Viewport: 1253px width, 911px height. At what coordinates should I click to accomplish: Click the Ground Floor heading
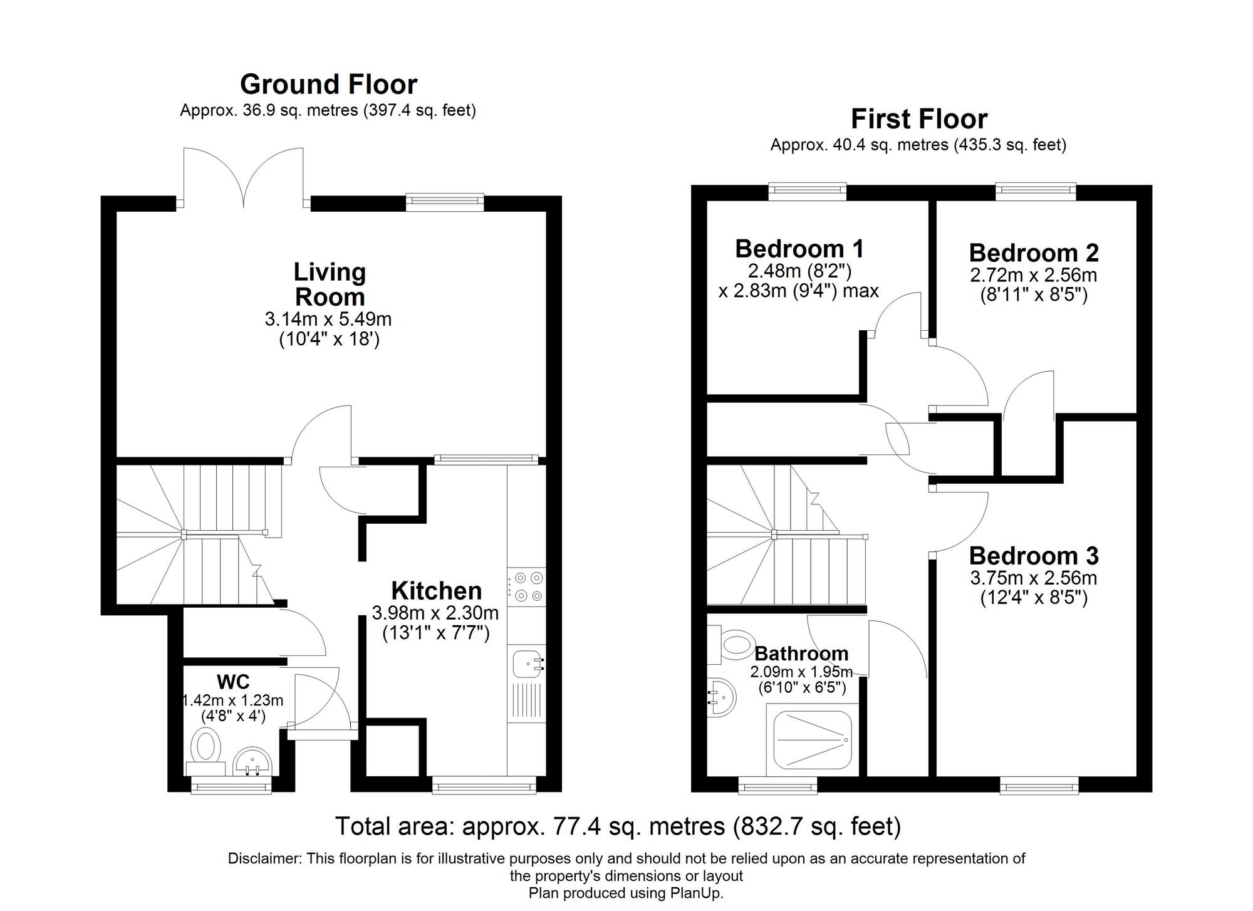click(328, 84)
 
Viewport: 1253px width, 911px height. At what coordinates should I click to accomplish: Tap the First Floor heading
click(919, 119)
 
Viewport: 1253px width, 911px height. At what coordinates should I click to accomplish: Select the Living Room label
click(330, 284)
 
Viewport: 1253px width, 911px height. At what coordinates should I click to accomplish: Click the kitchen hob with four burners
click(526, 586)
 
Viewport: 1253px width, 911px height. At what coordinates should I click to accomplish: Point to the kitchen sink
click(526, 664)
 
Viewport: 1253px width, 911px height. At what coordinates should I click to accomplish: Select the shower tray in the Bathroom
click(812, 740)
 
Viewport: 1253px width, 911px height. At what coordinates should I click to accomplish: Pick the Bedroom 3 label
click(1034, 556)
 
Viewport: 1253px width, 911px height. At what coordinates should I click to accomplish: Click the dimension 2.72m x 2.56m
click(1034, 275)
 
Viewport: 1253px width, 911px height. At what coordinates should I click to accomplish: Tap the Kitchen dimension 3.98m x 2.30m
click(435, 612)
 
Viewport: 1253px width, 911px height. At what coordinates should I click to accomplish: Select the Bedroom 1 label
click(799, 249)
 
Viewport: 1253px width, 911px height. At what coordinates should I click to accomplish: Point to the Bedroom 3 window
click(1039, 785)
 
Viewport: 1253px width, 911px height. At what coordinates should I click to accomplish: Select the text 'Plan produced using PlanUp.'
click(626, 893)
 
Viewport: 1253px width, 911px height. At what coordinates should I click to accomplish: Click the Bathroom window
click(777, 785)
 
